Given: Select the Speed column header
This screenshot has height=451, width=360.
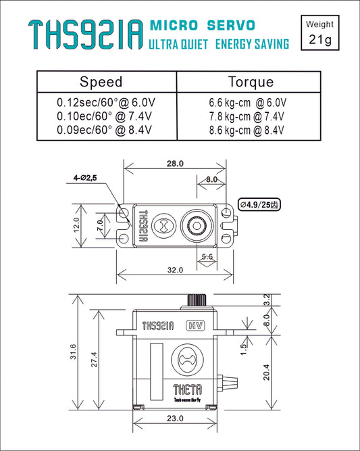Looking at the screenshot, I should [101, 82].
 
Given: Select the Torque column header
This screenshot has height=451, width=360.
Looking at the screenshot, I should [251, 82].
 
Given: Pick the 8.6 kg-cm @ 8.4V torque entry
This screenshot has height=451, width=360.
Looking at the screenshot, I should [248, 129].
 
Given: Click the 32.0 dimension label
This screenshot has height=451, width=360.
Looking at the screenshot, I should [175, 270].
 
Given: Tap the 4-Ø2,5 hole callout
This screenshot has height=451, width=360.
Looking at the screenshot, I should [86, 177].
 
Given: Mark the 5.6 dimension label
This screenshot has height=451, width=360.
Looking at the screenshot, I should [208, 257].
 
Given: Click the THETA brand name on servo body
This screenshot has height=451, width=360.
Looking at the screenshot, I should [186, 389].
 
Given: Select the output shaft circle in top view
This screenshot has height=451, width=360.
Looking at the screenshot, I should [198, 224].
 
